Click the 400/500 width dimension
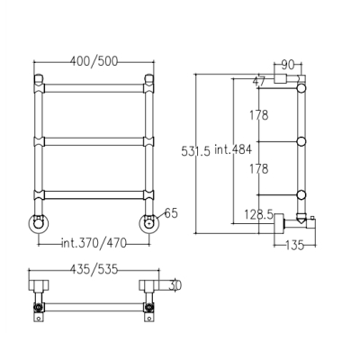94,61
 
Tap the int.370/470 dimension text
94,243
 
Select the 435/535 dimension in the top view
94,269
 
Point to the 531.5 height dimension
196,151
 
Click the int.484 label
233,149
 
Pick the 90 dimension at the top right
288,65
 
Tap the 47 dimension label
259,81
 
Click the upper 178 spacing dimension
259,115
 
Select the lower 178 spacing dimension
259,169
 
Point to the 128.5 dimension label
258,215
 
